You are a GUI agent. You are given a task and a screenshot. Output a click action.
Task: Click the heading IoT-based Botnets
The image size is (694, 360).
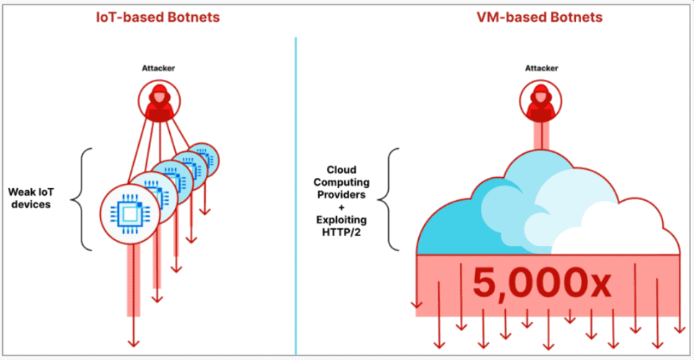(x=158, y=17)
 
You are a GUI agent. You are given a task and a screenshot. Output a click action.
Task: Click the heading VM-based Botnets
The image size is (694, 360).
(x=539, y=17)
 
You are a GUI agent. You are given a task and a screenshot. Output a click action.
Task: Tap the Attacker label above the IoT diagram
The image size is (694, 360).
(x=158, y=68)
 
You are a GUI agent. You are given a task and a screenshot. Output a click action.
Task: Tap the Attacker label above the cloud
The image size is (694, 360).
(x=541, y=68)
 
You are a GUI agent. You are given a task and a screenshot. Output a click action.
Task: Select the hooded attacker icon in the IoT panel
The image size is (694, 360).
(x=159, y=102)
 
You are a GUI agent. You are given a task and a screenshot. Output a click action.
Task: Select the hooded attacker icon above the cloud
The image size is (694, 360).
(x=541, y=102)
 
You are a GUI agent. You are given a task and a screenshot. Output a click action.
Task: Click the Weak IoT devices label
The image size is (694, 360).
(x=31, y=198)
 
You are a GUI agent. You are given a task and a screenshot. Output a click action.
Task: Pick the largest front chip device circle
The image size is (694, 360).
(x=130, y=215)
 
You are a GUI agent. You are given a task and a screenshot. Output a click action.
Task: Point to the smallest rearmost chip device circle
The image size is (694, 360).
(x=204, y=159)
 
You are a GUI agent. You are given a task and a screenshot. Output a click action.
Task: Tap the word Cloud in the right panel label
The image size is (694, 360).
(x=341, y=170)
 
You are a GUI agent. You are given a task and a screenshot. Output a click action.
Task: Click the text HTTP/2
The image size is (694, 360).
(x=341, y=232)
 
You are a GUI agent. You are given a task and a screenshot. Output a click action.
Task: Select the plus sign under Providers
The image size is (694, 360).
(x=341, y=207)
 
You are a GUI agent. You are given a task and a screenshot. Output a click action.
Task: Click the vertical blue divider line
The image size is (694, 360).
(x=296, y=195)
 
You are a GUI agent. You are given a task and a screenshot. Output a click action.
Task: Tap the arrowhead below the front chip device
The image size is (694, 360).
(x=133, y=343)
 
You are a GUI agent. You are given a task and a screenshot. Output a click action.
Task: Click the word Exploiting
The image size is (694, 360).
(x=341, y=220)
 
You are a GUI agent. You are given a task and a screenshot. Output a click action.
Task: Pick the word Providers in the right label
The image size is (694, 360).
(x=341, y=195)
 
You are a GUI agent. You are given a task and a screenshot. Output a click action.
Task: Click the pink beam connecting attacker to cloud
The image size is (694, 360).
(x=541, y=136)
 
